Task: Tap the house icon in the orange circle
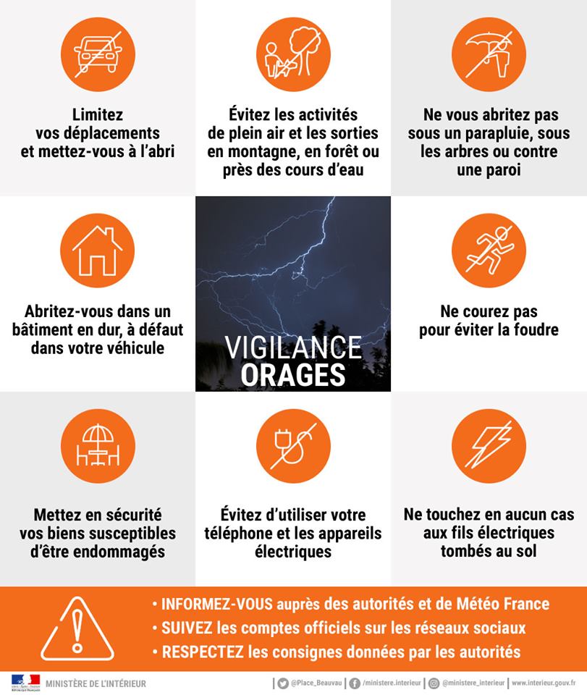pos(97,250)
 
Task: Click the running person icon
pos(489,250)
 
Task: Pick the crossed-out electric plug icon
pos(293,447)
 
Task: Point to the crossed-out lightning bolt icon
pos(489,447)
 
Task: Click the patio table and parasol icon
pos(97,447)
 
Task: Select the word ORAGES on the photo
pos(293,376)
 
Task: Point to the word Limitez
pos(98,114)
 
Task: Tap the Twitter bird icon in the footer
pos(283,683)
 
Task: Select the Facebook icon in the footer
pos(355,683)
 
